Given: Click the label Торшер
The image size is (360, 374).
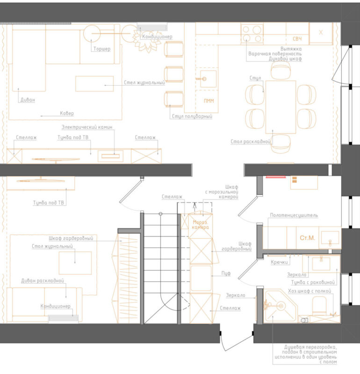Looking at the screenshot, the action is click(102, 49).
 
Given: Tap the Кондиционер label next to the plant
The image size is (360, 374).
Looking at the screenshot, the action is click(157, 37).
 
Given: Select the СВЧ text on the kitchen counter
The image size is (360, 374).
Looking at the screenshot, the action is click(297, 39).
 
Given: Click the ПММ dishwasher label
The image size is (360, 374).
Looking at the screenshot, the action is click(209, 101).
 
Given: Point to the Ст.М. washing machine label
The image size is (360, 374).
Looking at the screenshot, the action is click(307, 238).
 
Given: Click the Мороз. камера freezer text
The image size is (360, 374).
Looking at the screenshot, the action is click(200, 225).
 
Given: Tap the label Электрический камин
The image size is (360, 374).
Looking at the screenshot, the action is click(87, 127).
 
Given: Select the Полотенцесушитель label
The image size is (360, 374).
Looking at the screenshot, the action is click(294, 215).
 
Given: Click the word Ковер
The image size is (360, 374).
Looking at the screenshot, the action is click(67, 113).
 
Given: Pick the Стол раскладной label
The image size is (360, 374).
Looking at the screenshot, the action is click(251, 142).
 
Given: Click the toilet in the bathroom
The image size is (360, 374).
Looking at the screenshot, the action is click(319, 306).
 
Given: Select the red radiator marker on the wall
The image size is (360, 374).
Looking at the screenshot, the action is click(276, 177).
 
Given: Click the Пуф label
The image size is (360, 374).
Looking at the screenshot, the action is click(226, 273).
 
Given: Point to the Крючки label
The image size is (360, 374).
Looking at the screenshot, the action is click(279, 262).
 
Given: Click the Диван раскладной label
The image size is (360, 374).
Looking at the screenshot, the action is click(43, 281).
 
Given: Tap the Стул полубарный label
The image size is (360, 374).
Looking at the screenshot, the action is click(192, 116).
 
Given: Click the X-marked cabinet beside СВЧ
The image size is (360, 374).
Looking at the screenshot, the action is click(321, 33).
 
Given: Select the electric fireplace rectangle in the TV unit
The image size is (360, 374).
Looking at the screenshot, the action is click(110, 156).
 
